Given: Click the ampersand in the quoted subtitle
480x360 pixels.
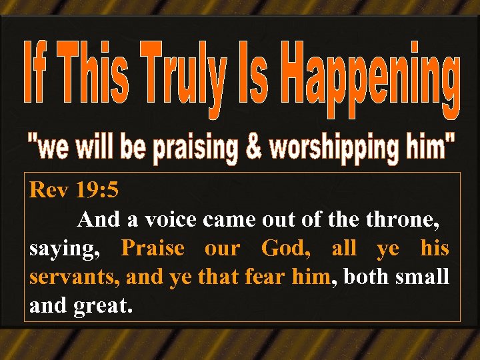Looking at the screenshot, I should coord(254,147).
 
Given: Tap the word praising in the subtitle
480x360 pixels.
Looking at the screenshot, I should coord(195,149).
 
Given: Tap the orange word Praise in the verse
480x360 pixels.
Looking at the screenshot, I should coord(153,248).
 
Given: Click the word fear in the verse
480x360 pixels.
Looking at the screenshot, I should coord(266,277).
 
